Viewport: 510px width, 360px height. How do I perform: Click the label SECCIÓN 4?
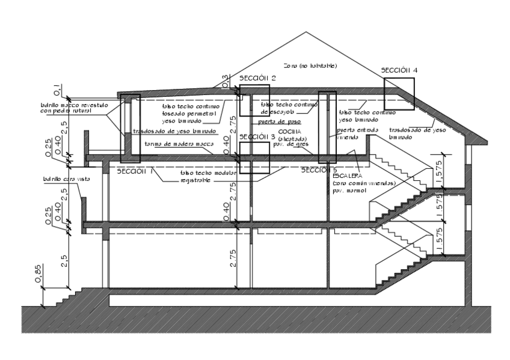399,70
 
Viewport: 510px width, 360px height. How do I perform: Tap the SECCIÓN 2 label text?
257,79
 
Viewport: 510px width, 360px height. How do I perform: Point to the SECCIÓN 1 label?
135,171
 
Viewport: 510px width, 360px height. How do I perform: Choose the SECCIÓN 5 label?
319,170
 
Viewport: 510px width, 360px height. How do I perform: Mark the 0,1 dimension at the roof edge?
56,90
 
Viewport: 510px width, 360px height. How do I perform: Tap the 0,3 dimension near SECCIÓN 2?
226,79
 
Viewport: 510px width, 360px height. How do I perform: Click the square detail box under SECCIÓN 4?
399,92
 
